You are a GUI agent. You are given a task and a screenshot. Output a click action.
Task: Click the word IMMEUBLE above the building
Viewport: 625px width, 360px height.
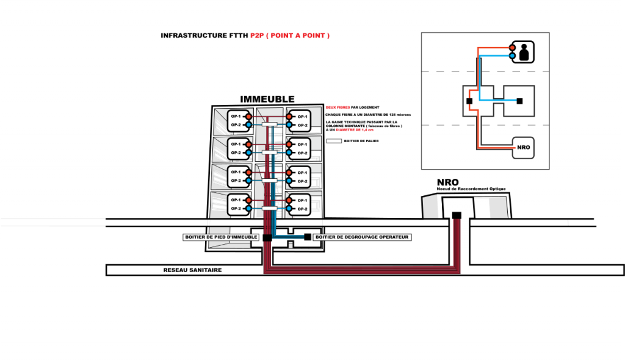267,99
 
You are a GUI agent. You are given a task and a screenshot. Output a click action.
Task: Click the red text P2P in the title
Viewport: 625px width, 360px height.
257,36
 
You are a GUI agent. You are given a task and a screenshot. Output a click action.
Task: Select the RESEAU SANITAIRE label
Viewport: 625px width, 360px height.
192,270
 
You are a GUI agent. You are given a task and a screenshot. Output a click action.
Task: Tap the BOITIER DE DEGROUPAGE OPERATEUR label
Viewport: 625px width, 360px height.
362,237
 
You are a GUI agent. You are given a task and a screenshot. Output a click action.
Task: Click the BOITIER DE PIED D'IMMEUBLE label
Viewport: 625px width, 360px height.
221,237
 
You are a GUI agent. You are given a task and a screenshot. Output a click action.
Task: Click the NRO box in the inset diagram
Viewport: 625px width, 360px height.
523,148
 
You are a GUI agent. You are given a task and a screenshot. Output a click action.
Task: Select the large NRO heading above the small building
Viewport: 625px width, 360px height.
447,182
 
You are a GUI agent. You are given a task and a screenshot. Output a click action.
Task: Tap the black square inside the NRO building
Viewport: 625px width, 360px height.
456,215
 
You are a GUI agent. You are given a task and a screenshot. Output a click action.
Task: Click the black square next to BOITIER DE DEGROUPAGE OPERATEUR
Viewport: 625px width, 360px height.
307,237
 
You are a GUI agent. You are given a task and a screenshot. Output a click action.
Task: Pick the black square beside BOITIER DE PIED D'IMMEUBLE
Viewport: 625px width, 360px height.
267,237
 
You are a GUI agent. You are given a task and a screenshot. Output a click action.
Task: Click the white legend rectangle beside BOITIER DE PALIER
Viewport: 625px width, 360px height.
334,140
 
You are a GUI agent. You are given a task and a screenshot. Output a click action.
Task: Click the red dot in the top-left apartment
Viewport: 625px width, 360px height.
248,116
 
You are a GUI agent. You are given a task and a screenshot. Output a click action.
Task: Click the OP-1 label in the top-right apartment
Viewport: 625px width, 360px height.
303,116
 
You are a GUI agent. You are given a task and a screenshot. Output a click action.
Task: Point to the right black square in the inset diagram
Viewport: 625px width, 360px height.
519,101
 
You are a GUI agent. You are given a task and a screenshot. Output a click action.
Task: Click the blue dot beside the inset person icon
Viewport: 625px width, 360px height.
513,55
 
